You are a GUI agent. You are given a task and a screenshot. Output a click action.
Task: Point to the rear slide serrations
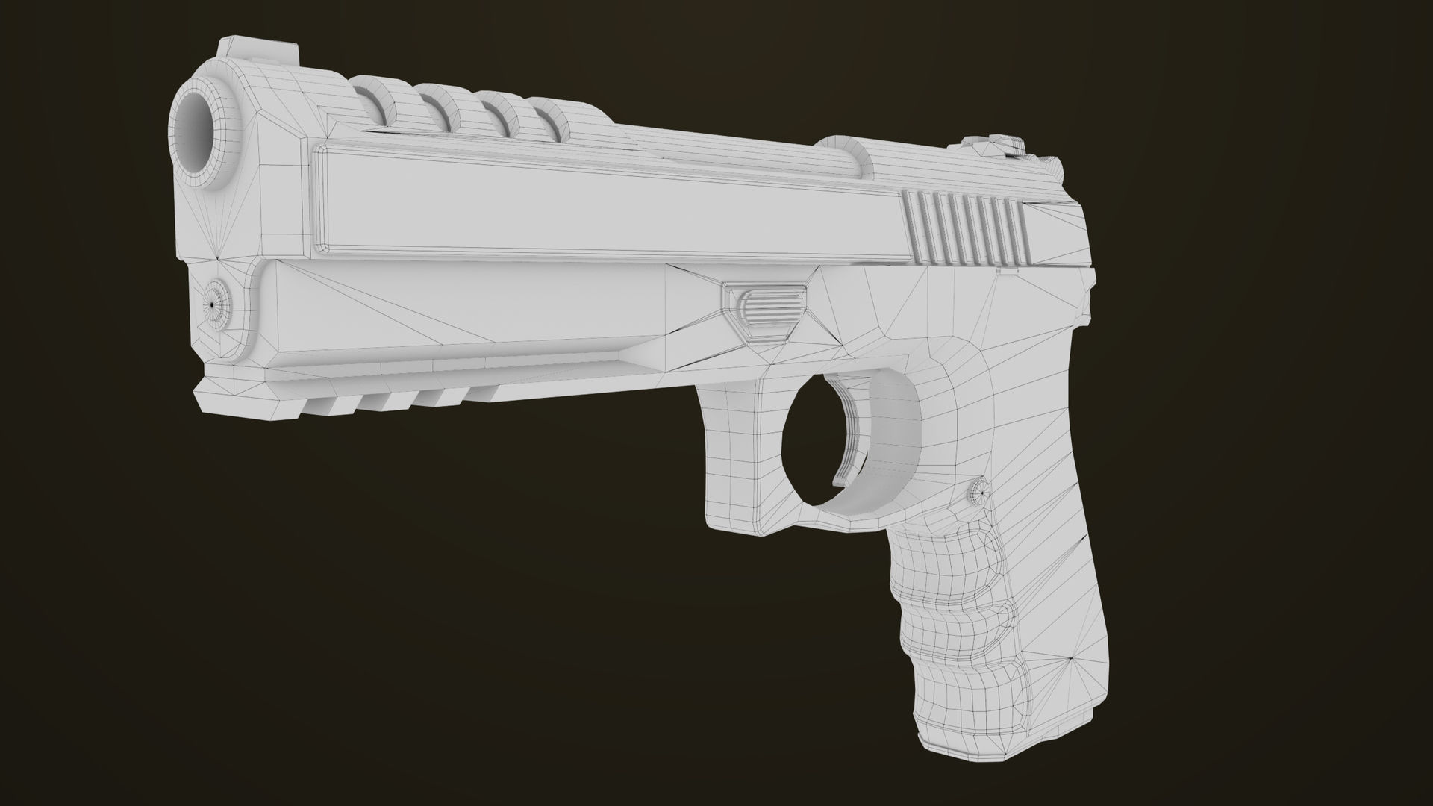coord(967,227)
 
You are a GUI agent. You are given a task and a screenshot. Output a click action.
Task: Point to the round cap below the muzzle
coord(216,304)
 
